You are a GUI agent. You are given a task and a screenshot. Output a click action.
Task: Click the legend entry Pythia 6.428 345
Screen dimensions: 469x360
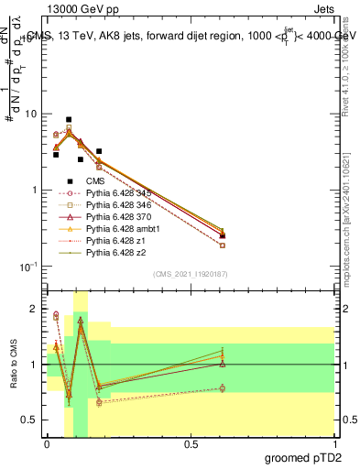point(115,193)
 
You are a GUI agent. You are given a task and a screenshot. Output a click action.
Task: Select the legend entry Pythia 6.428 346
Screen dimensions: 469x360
point(115,205)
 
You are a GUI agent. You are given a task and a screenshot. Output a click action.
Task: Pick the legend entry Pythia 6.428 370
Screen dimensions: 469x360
point(115,216)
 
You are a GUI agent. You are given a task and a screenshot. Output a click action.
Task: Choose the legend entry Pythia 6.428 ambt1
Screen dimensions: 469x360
point(117,228)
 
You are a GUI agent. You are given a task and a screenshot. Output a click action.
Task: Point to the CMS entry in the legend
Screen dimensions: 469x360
point(96,181)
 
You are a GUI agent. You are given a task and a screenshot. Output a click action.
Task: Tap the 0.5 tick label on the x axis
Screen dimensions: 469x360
point(191,443)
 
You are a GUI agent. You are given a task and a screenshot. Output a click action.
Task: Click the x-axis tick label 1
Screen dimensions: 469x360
point(333,443)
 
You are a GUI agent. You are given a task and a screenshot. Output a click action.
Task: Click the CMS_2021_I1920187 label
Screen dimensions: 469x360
point(190,274)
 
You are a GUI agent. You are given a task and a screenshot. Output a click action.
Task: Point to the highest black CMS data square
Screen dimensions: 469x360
point(69,120)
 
